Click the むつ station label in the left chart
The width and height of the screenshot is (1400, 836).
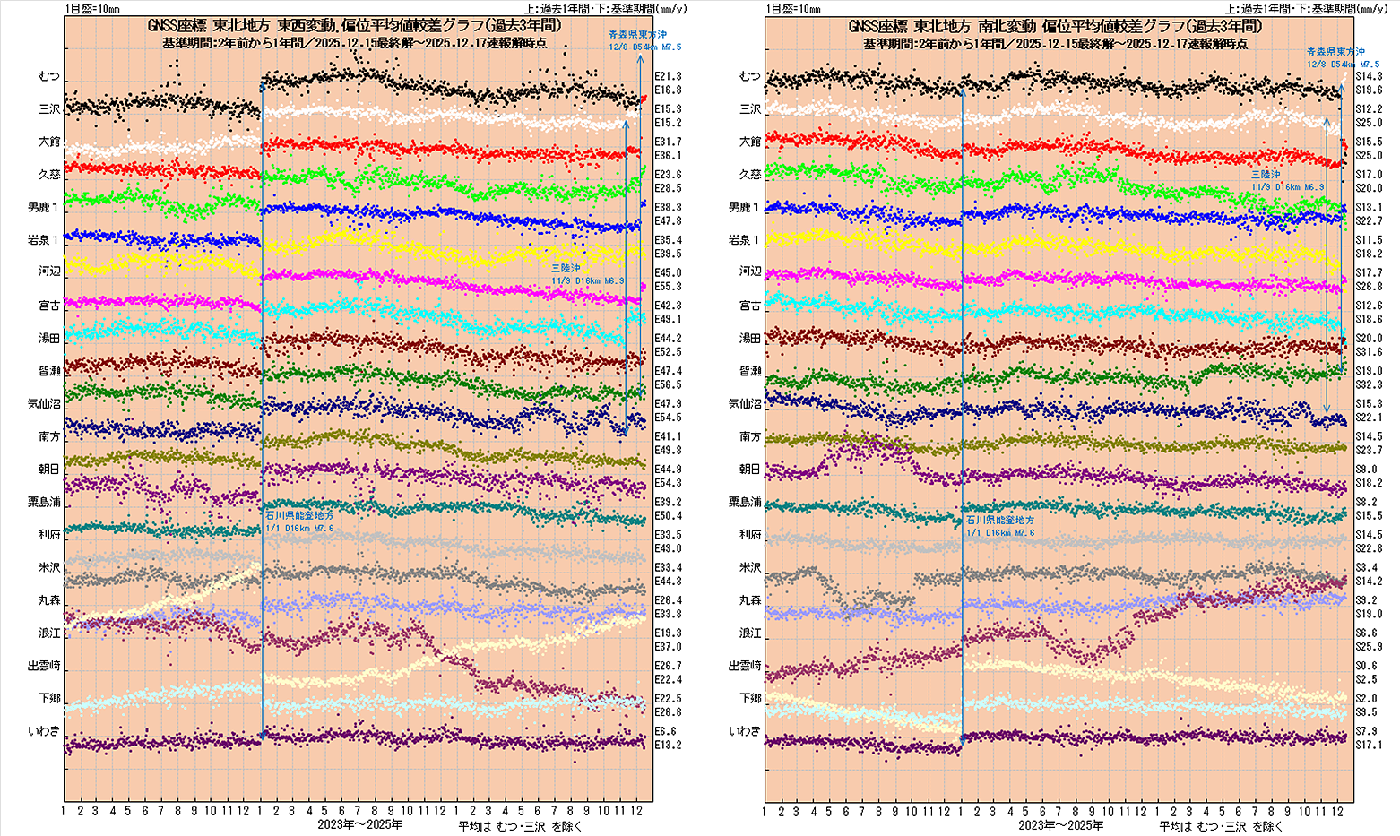48,76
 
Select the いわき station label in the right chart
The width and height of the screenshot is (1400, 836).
746,731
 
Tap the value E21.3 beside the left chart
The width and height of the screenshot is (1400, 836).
668,77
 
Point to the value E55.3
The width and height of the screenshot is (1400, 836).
668,287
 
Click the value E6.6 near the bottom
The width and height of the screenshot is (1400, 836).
664,731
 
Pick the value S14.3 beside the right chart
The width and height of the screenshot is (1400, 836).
1369,77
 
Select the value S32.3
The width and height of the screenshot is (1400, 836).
1369,385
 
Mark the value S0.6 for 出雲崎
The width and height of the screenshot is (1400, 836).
1366,666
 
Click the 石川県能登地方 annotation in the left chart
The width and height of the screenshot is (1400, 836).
299,517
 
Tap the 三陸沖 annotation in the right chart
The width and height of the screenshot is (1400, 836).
1266,174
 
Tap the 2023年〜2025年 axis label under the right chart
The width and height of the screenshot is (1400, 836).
1061,824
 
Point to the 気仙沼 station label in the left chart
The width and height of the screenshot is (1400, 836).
43,404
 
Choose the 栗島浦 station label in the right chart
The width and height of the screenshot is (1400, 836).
744,503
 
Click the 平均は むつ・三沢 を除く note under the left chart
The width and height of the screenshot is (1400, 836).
520,825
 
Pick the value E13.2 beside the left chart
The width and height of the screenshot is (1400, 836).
668,745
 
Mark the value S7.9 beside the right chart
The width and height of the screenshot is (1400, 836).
1366,731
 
